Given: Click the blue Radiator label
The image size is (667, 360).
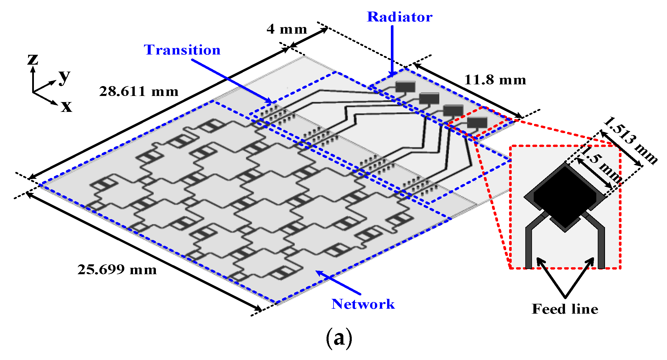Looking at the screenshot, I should coord(400,17).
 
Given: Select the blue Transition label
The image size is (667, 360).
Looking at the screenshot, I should coord(182,50).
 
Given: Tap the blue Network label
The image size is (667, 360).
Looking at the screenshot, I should coord(363,304).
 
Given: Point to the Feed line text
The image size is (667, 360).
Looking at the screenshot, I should coord(565,309).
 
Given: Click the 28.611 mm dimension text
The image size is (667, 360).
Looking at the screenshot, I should coord(139,92).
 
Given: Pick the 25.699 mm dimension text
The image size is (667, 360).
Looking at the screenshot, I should coord(117,270).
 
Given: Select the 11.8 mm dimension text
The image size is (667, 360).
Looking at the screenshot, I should coord(495,80).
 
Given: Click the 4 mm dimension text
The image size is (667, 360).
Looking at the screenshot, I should coord(287,29).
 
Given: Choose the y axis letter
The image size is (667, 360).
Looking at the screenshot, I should coord(64,77).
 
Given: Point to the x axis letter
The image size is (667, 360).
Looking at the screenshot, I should coord(66,106).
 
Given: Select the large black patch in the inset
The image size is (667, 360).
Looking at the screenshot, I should coord(565,196).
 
